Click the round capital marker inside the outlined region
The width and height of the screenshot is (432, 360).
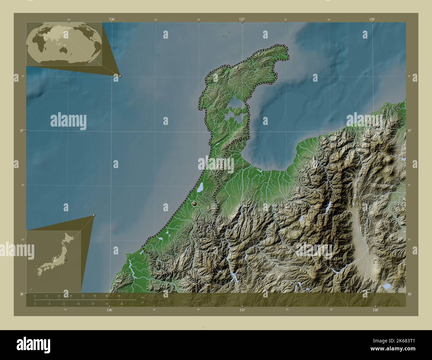pyautogui.click(x=195, y=204)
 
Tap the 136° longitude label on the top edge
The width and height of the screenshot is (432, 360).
pyautogui.click(x=112, y=19)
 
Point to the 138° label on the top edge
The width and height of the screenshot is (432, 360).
pyautogui.click(x=372, y=19)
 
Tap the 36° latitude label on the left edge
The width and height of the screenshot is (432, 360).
pyautogui.click(x=21, y=294)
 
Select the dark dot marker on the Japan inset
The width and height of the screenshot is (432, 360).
pyautogui.click(x=66, y=260)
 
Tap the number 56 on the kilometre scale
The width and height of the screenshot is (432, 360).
pyautogui.click(x=118, y=296)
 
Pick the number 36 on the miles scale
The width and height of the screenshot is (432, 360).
pyautogui.click(x=122, y=304)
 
